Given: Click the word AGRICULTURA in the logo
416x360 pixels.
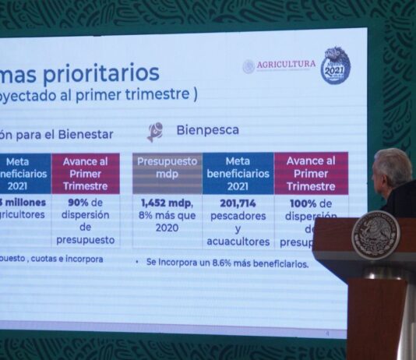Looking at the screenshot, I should (287, 65).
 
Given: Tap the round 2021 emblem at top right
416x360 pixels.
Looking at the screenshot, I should (335, 65).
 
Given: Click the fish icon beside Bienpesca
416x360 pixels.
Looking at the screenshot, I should (155, 131).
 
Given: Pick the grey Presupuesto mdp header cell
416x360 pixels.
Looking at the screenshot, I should (167, 173).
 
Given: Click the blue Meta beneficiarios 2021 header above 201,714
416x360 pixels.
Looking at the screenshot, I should (238, 173).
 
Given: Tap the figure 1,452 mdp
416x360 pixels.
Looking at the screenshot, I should (160, 203).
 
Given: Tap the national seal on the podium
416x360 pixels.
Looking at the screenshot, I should (375, 235).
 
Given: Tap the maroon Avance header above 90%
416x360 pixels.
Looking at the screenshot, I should (86, 173).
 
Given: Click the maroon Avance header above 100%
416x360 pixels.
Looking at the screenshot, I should (311, 173).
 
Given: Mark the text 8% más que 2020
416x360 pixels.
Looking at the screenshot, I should (167, 221).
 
